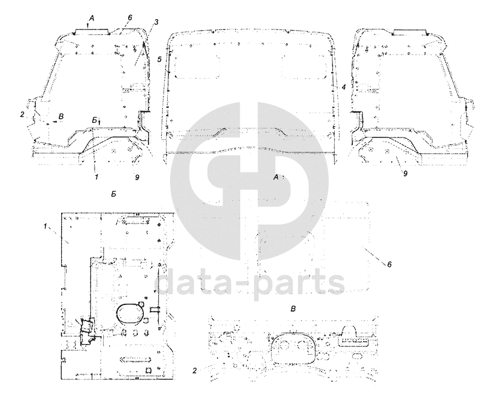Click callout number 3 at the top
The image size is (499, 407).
pyautogui.click(x=156, y=22)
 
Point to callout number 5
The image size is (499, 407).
pyautogui.click(x=159, y=59)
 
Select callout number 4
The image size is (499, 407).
pyautogui.click(x=344, y=87)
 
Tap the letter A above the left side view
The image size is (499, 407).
pyautogui.click(x=91, y=19)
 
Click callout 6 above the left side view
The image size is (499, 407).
pyautogui.click(x=130, y=18)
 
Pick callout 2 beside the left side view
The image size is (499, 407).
pyautogui.click(x=22, y=114)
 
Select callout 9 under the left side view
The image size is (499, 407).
pyautogui.click(x=137, y=177)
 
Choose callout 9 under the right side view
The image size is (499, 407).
pyautogui.click(x=405, y=174)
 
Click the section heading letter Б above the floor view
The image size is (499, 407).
pyautogui.click(x=114, y=194)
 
